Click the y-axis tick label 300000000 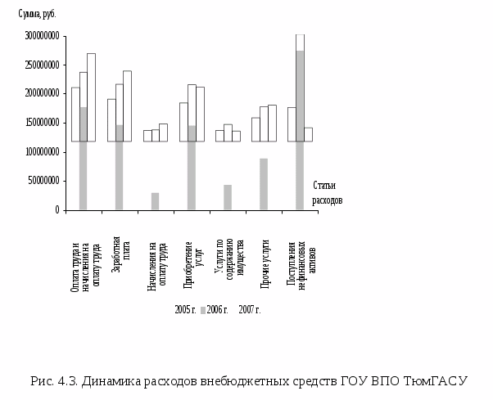pyautogui.click(x=38, y=36)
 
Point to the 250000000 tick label pyautogui.click(x=38, y=65)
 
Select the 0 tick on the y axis pyautogui.click(x=56, y=210)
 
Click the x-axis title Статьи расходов pyautogui.click(x=327, y=193)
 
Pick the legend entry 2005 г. pyautogui.click(x=185, y=309)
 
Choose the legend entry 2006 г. pyautogui.click(x=215, y=309)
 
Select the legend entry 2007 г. pyautogui.click(x=249, y=309)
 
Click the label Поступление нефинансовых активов pyautogui.click(x=300, y=263)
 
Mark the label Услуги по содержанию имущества pyautogui.click(x=228, y=263)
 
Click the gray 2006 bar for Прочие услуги pyautogui.click(x=264, y=184)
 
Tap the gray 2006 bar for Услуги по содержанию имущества pyautogui.click(x=228, y=197)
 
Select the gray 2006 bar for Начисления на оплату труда pyautogui.click(x=156, y=201)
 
